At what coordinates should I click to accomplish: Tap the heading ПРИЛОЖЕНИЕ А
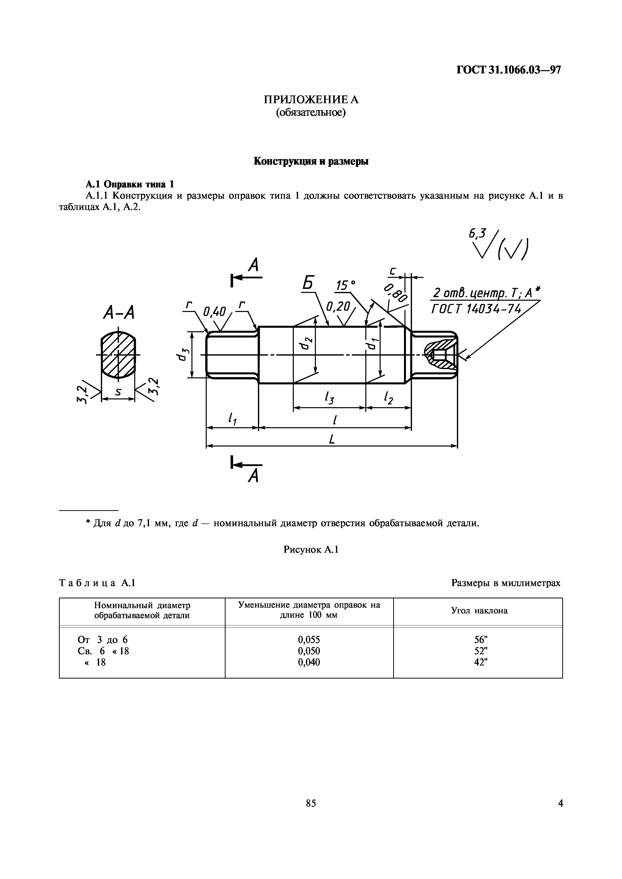point(311,100)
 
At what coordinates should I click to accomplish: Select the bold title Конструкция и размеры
point(311,161)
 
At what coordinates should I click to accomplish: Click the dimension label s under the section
point(118,392)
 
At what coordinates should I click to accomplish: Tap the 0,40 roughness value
point(215,312)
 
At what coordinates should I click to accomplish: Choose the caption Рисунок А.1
point(311,550)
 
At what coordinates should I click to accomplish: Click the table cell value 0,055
point(309,639)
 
